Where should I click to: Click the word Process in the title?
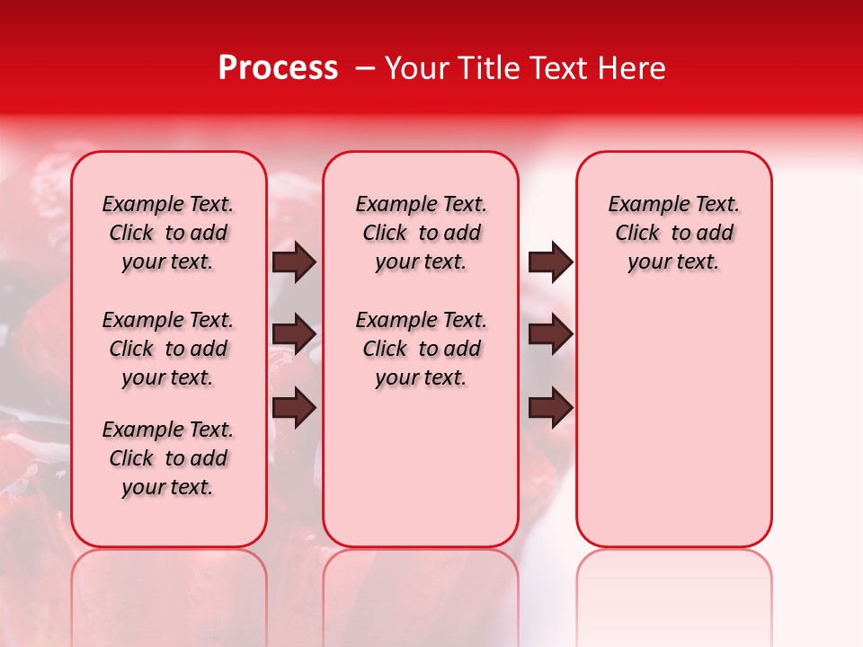277,68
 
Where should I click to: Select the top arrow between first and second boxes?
294,262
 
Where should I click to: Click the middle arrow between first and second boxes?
294,335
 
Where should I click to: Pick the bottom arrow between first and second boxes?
294,409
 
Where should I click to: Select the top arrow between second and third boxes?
550,262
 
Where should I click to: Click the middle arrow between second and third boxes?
550,335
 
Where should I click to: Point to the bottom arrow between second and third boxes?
550,409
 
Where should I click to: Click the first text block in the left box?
168,233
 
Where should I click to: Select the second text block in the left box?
168,349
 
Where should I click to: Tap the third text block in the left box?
168,458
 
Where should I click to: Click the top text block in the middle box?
421,233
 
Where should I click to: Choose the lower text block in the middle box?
421,349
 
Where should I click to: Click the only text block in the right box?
674,233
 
